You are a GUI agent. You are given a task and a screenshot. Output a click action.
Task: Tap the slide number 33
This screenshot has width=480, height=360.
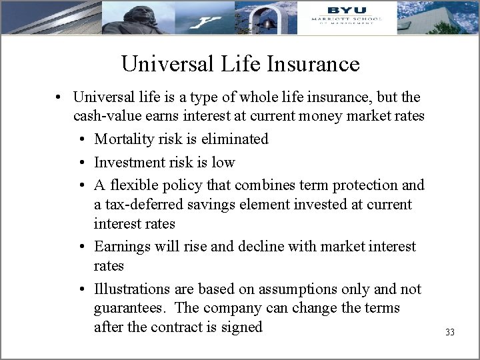(x=449, y=332)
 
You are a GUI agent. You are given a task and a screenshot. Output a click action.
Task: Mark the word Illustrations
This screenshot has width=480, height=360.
(x=133, y=289)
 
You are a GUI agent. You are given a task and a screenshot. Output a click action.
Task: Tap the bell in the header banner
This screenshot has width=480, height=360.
(x=270, y=23)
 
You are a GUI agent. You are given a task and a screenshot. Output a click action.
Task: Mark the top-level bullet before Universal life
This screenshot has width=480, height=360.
(x=59, y=97)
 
